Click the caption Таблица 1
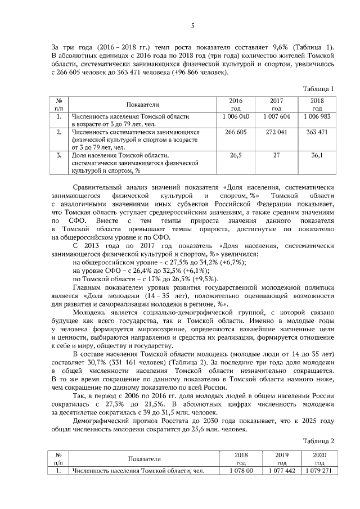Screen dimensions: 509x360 pyautogui.click(x=318, y=89)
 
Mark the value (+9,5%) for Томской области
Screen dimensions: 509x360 pyautogui.click(x=205, y=280)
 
